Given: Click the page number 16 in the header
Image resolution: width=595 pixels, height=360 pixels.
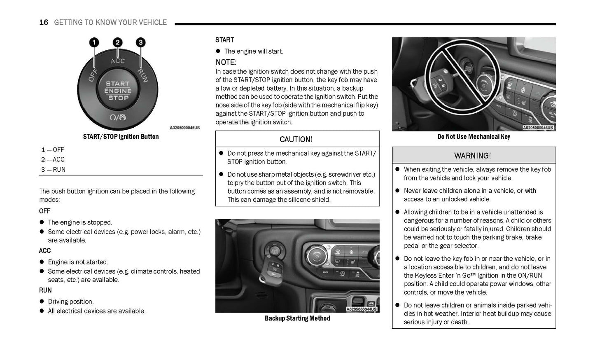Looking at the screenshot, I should tap(44, 23).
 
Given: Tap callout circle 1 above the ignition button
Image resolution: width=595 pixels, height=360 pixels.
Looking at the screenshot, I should tap(94, 42).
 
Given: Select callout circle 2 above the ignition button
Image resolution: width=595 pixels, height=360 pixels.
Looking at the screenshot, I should tap(118, 42).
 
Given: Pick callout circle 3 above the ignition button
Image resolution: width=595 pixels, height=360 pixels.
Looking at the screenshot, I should tap(141, 42).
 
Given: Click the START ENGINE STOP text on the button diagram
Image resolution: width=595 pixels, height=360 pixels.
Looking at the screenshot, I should tap(118, 91).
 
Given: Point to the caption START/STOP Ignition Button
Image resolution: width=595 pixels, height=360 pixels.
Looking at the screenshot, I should tap(121, 137).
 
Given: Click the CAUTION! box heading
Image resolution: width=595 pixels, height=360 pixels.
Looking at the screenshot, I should tap(296, 140).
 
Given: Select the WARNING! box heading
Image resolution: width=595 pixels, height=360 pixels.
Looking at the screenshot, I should tap(472, 156).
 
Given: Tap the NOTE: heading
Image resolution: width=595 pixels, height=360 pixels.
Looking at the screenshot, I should tap(226, 63).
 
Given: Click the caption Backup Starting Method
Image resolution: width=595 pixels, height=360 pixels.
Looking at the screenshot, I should tap(297, 318).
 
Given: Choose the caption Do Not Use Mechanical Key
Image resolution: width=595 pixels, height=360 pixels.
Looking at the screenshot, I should tap(474, 137).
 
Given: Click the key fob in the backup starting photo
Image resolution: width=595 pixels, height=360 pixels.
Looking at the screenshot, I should tap(270, 268).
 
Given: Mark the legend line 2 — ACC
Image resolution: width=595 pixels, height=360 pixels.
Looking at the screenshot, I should tap(53, 160).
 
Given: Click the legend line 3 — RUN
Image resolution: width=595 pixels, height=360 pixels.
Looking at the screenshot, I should tap(53, 170).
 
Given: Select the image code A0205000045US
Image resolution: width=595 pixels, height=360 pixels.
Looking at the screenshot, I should tap(184, 128).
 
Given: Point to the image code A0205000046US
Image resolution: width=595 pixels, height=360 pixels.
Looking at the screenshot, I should tap(538, 128).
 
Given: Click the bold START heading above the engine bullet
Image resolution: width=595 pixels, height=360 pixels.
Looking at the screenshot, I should tap(224, 40).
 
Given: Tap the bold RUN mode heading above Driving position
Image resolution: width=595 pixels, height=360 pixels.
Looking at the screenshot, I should tap(45, 290).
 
